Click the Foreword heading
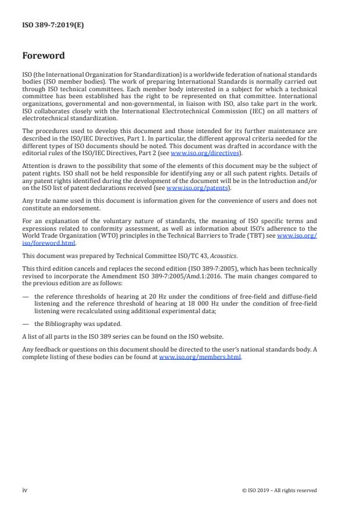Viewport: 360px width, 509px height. coord(44,56)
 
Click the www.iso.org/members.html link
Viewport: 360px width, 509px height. coord(200,357)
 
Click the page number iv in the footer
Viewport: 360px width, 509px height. coord(25,490)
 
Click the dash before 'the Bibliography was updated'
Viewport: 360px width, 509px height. coord(25,324)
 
